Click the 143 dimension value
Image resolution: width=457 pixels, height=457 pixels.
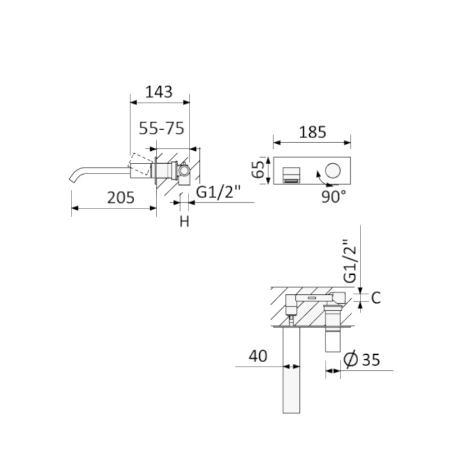(159, 92)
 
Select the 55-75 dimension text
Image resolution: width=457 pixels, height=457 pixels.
(162, 128)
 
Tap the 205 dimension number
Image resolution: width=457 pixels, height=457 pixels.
(121, 198)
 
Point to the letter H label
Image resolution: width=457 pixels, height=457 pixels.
(184, 222)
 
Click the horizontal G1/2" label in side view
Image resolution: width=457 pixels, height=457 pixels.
(218, 192)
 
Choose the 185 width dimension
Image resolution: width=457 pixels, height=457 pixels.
(312, 132)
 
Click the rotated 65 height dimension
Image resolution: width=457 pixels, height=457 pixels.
(258, 170)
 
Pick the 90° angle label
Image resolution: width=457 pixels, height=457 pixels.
(334, 197)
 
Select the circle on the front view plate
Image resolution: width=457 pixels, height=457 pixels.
(333, 170)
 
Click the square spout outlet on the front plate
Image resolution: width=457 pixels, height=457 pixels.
(292, 175)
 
